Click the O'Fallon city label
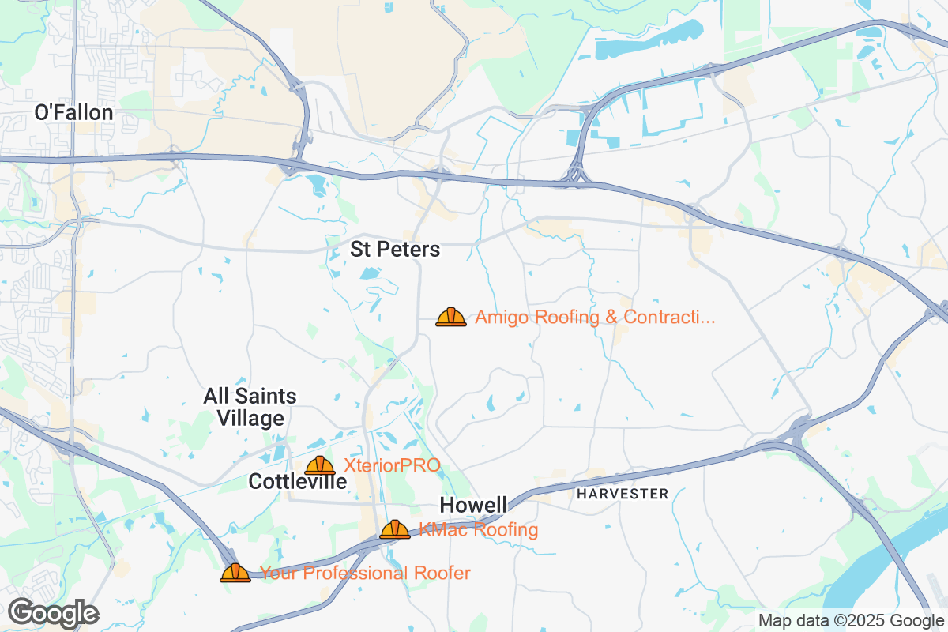(x=73, y=113)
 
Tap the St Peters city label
(x=395, y=250)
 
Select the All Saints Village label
(x=250, y=407)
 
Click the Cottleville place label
(x=297, y=481)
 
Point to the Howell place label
(x=473, y=505)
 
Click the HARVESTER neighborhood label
(x=623, y=494)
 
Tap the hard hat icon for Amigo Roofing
(x=451, y=317)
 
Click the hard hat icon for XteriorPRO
(x=320, y=465)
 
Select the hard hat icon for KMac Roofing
(x=395, y=529)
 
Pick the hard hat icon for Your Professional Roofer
(x=235, y=573)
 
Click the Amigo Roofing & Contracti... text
(x=595, y=318)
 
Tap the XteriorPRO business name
(x=393, y=465)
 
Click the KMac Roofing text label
(x=479, y=529)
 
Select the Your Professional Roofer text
(x=365, y=573)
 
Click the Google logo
(x=53, y=613)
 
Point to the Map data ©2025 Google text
(x=852, y=620)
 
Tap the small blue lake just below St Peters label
(x=369, y=274)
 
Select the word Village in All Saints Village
(x=250, y=418)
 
